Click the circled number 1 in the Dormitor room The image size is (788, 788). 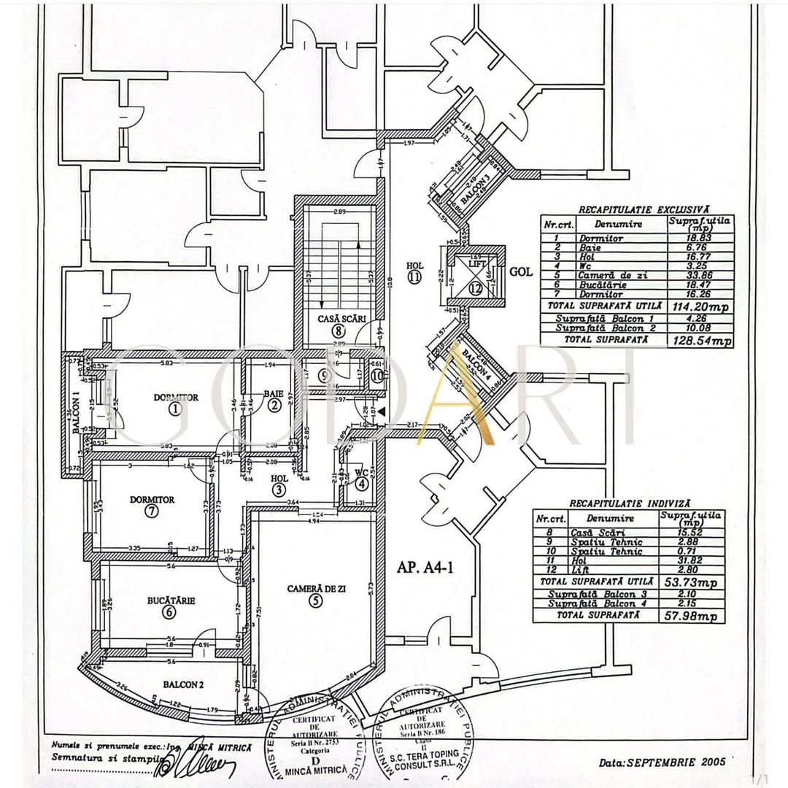pos(174,409)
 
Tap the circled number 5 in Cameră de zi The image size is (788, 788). pos(314,601)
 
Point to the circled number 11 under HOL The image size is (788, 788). pos(415,277)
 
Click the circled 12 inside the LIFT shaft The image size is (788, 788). pos(476,289)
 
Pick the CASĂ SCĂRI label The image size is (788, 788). pos(337,319)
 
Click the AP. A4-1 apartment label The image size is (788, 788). pos(426,567)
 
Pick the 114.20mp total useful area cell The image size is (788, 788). pos(699,307)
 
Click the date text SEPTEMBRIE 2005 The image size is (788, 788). pos(662,762)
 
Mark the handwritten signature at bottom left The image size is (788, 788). pos(196,765)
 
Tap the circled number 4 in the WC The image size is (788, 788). pos(362,482)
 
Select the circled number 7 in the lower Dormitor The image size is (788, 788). pos(151,511)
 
